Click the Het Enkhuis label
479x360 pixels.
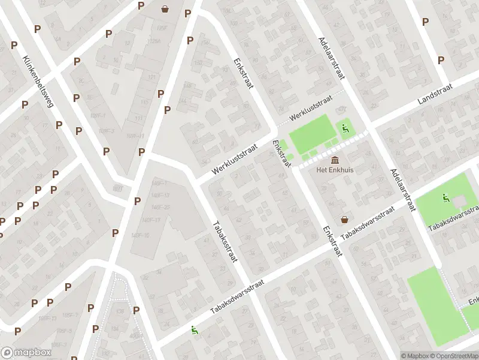(335, 170)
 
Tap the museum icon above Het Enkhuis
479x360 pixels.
(334, 160)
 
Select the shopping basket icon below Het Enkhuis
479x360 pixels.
(345, 220)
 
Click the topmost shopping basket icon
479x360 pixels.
(165, 8)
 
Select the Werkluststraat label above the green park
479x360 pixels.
(310, 109)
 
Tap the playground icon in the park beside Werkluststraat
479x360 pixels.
(345, 127)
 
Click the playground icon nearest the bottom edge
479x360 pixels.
(193, 329)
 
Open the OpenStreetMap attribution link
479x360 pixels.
(455, 356)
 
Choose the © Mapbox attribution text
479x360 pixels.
(415, 356)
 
